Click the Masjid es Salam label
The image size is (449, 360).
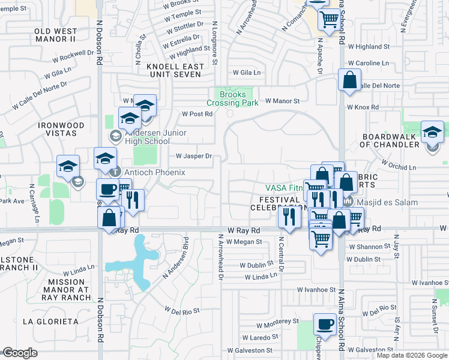(390, 202)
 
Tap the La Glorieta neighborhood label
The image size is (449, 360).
(50, 321)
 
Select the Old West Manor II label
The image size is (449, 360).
(63, 34)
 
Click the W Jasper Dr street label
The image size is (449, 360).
(194, 156)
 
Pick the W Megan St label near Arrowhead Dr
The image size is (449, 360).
(244, 242)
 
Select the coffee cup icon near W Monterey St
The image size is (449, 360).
(325, 324)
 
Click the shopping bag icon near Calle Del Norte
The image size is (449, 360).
(349, 80)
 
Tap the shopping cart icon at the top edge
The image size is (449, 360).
(328, 19)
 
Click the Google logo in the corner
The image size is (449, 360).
(19, 353)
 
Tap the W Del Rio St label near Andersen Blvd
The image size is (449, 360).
(182, 311)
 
